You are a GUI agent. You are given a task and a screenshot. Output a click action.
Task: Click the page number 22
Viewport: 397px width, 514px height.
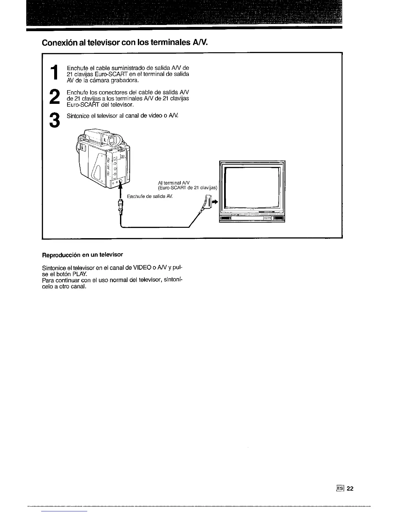click(350, 489)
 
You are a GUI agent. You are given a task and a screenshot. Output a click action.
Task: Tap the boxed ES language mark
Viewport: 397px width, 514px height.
click(340, 489)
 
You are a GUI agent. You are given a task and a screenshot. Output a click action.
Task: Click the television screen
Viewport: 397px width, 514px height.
click(252, 187)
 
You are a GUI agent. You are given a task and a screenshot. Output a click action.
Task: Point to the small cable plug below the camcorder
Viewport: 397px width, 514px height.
click(121, 206)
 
